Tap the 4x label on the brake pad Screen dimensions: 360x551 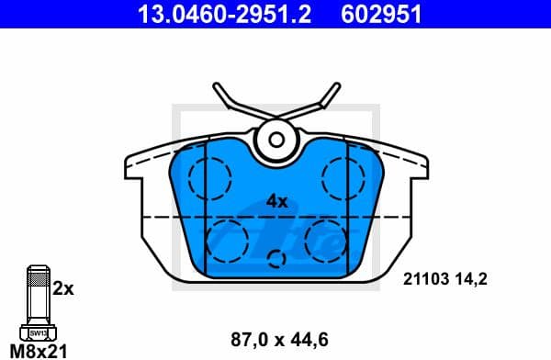click(276, 200)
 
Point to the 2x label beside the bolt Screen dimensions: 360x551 click(62, 287)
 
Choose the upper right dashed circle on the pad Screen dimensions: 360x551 click(343, 174)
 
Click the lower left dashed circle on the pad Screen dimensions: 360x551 click(226, 238)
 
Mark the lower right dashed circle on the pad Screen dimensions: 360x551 click(326, 238)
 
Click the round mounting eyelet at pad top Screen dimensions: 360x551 click(276, 140)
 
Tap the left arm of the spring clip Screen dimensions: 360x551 click(231, 103)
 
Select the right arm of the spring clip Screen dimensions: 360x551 click(320, 103)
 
